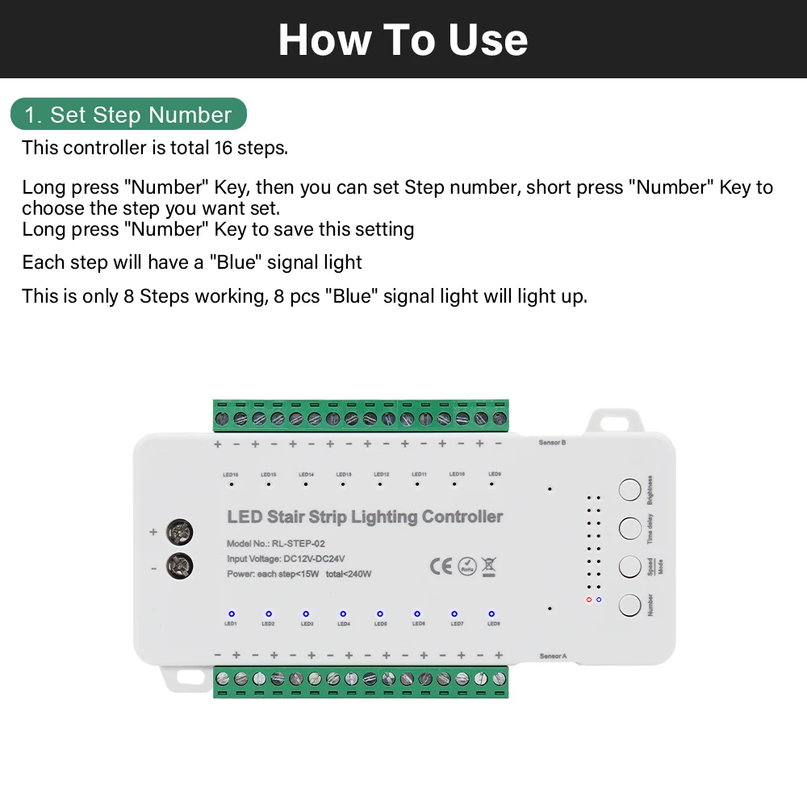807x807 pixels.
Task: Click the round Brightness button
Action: [629, 489]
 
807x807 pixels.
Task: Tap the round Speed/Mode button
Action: [629, 566]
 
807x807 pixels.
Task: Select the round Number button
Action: [629, 604]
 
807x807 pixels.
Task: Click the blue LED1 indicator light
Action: [231, 613]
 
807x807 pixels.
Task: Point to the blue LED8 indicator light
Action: [491, 613]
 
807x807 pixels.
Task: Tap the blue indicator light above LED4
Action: [343, 613]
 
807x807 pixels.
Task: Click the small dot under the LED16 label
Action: [231, 485]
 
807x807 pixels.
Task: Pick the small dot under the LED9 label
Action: [491, 485]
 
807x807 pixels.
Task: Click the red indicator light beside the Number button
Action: [589, 600]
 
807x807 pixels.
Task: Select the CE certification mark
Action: [441, 567]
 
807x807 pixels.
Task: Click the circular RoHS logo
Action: [466, 567]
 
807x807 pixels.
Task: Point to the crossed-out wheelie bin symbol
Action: [488, 566]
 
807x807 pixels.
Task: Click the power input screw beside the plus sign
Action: [179, 532]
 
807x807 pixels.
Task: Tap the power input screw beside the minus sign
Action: [179, 567]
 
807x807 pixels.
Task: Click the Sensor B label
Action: [552, 442]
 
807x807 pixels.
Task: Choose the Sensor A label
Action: [552, 656]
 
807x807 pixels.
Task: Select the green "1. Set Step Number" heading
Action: [128, 115]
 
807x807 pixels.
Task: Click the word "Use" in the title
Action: [488, 40]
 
